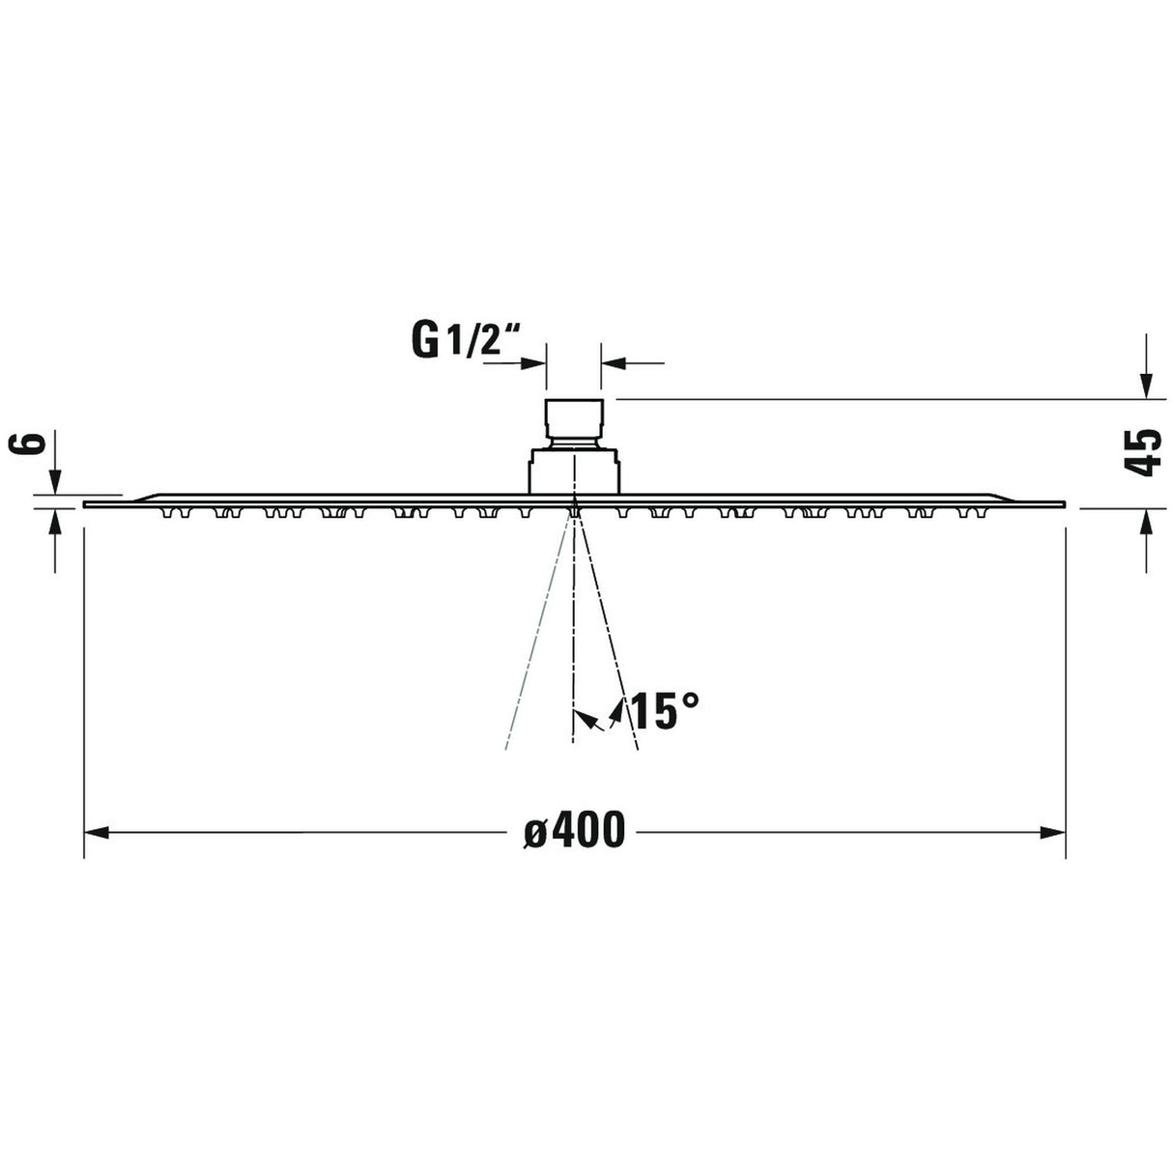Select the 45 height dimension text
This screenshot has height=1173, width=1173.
click(x=1145, y=452)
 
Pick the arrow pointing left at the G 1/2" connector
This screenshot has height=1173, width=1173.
click(x=613, y=363)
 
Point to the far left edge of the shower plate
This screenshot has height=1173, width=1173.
click(x=87, y=504)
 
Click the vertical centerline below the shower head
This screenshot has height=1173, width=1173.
click(x=574, y=657)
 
